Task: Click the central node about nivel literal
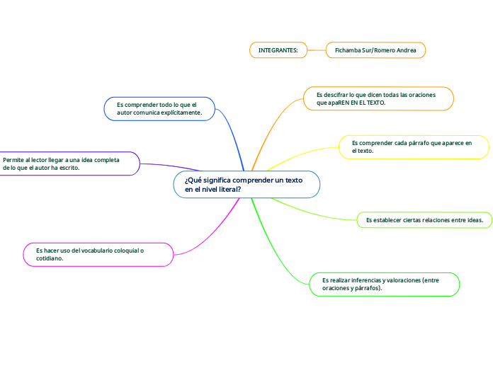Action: (x=246, y=185)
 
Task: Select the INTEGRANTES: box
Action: (x=278, y=50)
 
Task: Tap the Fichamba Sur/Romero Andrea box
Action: (x=375, y=50)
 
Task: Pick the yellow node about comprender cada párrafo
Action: (x=414, y=146)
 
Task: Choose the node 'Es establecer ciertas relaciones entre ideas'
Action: (x=424, y=220)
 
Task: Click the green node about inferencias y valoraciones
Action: (x=385, y=284)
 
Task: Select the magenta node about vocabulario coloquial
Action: (x=98, y=255)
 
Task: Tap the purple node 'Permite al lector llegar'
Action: (x=69, y=163)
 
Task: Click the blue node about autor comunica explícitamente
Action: (x=159, y=108)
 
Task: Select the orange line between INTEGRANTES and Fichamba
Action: (x=316, y=50)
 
